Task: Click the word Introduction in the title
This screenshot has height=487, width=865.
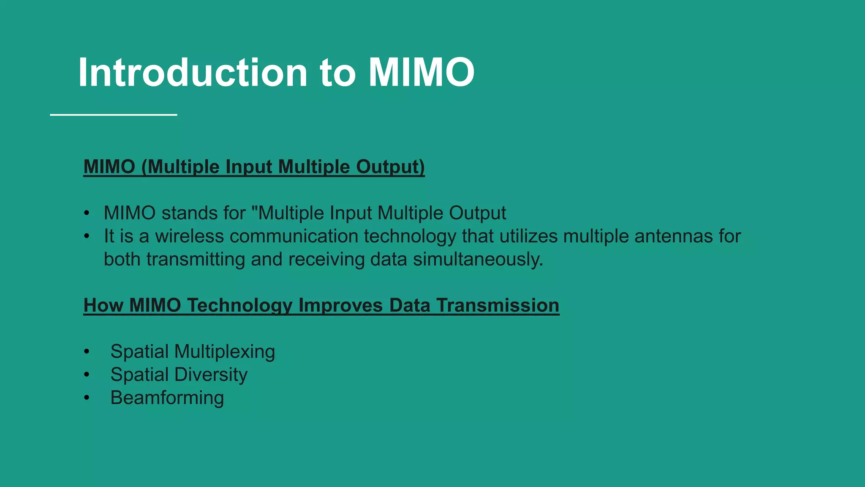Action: click(x=193, y=73)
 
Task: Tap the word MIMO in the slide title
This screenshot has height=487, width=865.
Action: click(x=421, y=73)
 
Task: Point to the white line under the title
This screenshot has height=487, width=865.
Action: click(x=113, y=115)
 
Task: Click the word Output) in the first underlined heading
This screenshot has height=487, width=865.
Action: click(x=390, y=167)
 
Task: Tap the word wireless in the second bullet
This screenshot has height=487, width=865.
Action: click(x=189, y=236)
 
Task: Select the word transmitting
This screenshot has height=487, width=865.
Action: click(x=196, y=259)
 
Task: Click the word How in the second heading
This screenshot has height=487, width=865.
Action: click(x=103, y=305)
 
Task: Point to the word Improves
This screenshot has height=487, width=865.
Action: click(x=340, y=305)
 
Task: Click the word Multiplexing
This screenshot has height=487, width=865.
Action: click(x=224, y=352)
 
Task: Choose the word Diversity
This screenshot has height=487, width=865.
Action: click(x=211, y=375)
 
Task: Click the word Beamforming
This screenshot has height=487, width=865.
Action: click(x=167, y=398)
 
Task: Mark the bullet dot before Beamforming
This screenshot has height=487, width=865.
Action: click(x=87, y=398)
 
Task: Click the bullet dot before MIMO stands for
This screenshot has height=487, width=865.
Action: click(x=87, y=213)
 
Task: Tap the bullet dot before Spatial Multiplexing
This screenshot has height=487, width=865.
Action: click(x=87, y=352)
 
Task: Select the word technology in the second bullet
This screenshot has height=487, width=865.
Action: click(x=410, y=236)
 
